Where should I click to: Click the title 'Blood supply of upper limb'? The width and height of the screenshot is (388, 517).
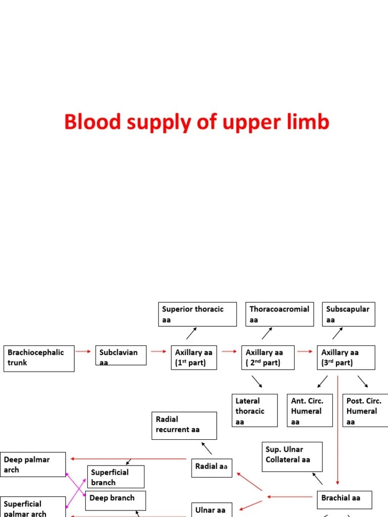(197, 122)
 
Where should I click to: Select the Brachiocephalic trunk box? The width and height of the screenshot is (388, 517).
(39, 358)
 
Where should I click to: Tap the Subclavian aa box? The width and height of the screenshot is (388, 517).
(121, 355)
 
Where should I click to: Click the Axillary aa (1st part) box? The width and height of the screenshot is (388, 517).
(193, 357)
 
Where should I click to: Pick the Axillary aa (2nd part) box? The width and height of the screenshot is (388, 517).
(266, 357)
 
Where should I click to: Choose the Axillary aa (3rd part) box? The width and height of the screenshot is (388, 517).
(346, 357)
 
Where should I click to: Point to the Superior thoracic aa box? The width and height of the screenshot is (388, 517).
(197, 314)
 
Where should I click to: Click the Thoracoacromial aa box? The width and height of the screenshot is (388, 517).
(279, 314)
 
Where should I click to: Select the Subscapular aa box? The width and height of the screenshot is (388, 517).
(349, 314)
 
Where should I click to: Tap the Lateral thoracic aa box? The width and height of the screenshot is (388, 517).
(255, 410)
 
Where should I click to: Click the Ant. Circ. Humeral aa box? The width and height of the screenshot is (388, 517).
(310, 410)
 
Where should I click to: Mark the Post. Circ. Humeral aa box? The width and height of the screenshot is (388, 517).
(365, 410)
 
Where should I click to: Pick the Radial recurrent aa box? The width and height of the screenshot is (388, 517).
(184, 425)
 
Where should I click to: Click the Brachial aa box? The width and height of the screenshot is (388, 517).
(345, 499)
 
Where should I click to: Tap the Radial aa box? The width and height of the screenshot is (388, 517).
(212, 468)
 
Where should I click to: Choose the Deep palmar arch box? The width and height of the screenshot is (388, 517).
(33, 464)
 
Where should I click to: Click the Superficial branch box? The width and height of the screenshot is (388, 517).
(116, 477)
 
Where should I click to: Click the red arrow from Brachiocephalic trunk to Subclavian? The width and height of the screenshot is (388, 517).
(83, 351)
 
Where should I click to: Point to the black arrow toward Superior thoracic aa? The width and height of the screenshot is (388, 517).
(191, 333)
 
